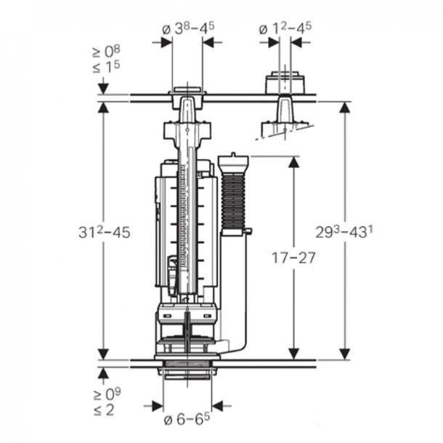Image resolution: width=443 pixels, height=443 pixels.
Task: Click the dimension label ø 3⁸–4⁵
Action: pos(188,28)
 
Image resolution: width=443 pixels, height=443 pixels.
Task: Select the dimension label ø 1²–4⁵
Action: pos(285,28)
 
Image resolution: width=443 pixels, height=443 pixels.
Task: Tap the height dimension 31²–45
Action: pos(105,232)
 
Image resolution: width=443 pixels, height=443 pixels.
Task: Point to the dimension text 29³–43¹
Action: pos(344,232)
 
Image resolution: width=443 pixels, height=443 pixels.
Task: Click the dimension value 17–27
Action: pos(293,258)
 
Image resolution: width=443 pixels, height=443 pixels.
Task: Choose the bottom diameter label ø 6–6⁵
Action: pos(187,419)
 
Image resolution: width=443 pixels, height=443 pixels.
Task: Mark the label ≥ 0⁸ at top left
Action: pos(107,52)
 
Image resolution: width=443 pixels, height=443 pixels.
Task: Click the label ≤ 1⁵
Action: pos(107,67)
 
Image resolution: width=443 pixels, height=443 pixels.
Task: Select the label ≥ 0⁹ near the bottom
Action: pos(107,394)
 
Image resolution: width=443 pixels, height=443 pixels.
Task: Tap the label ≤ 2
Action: pos(104,410)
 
